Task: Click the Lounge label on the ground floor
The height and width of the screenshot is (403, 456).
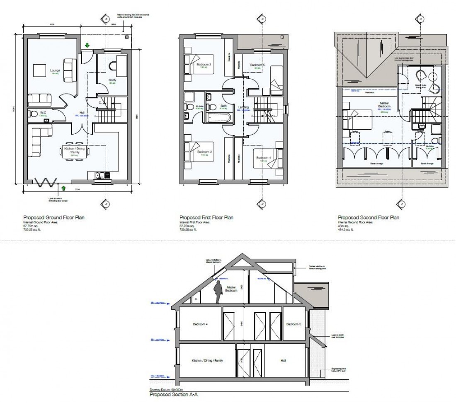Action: (56, 70)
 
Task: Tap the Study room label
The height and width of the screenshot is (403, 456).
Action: (112, 80)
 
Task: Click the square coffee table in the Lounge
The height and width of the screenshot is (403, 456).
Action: (40, 70)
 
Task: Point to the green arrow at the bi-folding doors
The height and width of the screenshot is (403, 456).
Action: (63, 188)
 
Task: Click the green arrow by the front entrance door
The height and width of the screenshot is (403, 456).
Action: (87, 45)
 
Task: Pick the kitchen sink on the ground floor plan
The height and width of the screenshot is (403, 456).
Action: (99, 175)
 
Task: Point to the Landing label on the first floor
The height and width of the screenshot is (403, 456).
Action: (243, 108)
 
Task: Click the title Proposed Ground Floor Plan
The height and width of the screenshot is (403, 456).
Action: (55, 217)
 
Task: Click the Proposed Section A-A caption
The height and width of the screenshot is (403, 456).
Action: (173, 395)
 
